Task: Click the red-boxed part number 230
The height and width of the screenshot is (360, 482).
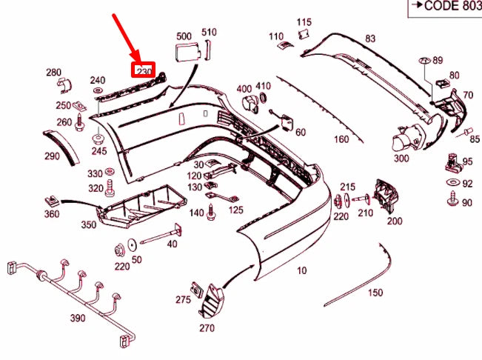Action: tap(143, 71)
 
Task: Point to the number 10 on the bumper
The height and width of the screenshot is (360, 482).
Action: tap(301, 271)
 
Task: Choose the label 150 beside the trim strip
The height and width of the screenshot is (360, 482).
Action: tap(375, 293)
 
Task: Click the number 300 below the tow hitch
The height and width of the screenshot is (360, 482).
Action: tap(401, 159)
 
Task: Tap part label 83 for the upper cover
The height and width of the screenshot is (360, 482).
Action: tap(370, 39)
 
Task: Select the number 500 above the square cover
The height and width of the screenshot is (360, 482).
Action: tap(184, 36)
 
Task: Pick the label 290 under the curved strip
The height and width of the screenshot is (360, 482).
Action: tap(52, 156)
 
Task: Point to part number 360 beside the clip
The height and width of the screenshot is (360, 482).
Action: tap(52, 215)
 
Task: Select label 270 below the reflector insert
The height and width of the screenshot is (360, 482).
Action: tap(207, 326)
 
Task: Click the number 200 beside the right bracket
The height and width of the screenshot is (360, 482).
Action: tap(395, 221)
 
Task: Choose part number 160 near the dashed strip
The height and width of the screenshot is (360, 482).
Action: tap(341, 139)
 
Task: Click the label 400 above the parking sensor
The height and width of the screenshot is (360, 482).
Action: tap(244, 90)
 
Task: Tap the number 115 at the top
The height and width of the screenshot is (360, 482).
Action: tap(304, 22)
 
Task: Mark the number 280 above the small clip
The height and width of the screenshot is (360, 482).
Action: tap(54, 73)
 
